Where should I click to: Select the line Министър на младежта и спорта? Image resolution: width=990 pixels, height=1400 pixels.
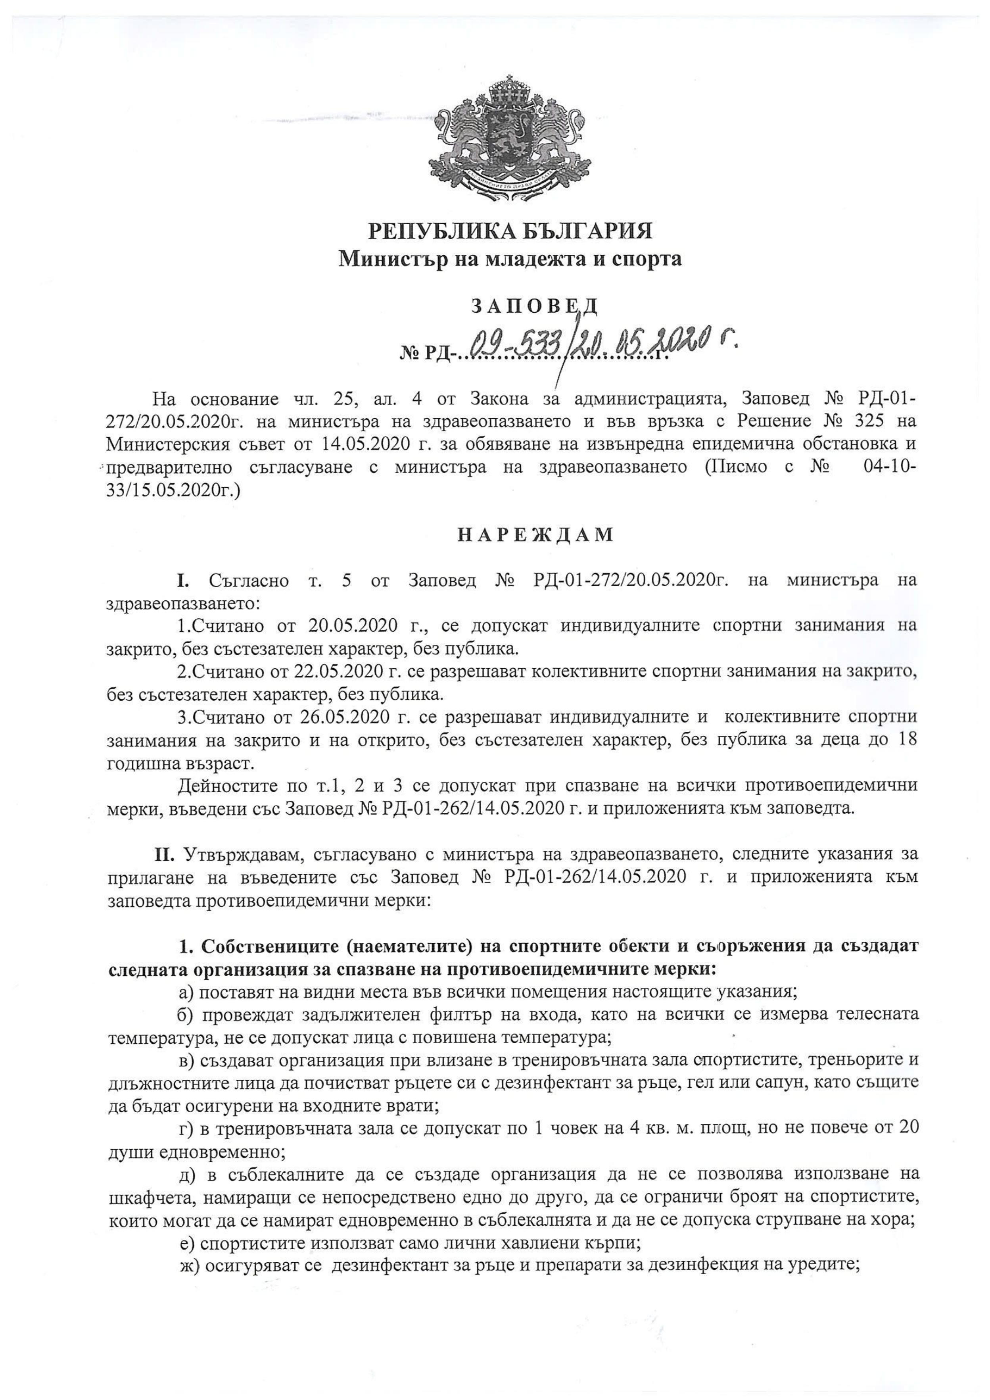point(510,259)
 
